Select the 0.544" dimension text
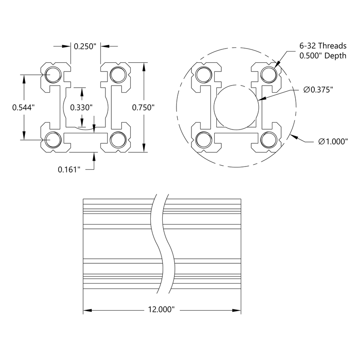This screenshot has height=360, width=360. point(23,107)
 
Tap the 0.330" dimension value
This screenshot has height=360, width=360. point(81,107)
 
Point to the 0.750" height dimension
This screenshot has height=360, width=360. point(143,107)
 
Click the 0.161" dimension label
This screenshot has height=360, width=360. point(69,169)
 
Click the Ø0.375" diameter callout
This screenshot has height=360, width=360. point(318,90)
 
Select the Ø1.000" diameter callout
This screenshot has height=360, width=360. point(333,142)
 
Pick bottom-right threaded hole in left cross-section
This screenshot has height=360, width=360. point(118,140)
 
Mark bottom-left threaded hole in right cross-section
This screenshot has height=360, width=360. point(203,140)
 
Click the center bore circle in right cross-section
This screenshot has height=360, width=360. point(236,107)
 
